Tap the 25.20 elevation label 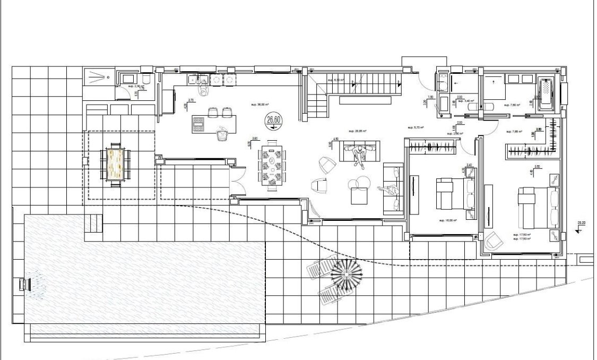click(x=582, y=224)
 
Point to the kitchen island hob click(x=198, y=124)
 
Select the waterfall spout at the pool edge click(x=24, y=285)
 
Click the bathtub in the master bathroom click(x=546, y=95)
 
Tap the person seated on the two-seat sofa click(x=361, y=155)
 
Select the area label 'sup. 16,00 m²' click(x=448, y=219)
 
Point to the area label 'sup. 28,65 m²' click(x=357, y=130)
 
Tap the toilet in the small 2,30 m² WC click(x=146, y=80)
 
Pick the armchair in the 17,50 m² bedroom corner click(x=494, y=241)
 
